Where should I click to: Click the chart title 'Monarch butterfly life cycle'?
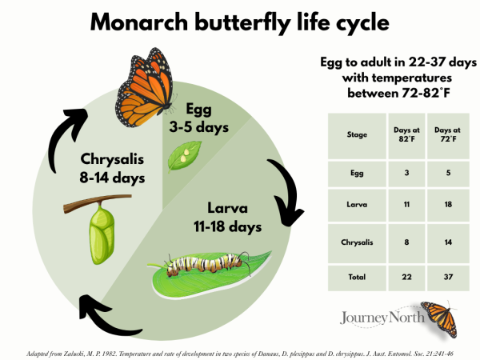click(239, 22)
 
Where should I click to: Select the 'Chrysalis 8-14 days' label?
click(112, 168)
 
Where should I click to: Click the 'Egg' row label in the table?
click(357, 170)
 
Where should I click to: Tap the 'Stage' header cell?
click(357, 134)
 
